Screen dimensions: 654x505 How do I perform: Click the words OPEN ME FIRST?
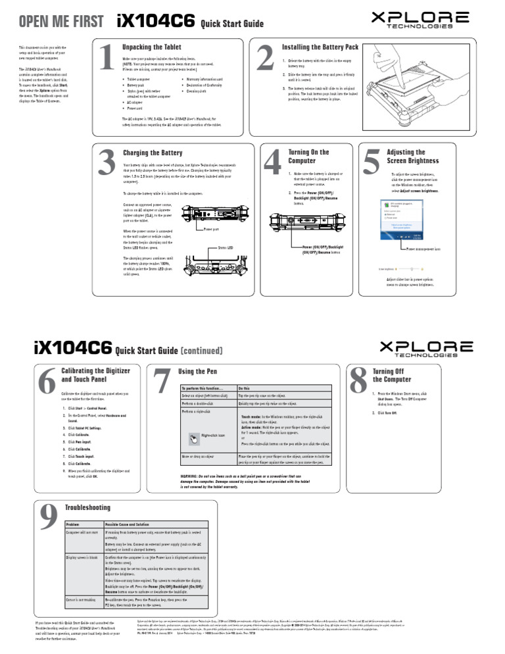[60, 22]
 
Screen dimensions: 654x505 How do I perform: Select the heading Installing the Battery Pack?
[320, 47]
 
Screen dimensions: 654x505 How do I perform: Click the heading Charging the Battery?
[153, 153]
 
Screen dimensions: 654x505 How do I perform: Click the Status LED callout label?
[227, 248]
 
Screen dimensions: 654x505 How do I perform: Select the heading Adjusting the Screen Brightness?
[412, 156]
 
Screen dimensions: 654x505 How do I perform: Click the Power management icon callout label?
[427, 249]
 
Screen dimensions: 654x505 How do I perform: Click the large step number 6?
[46, 382]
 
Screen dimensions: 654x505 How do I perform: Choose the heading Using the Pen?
[197, 372]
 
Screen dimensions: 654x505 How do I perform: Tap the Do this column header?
[244, 389]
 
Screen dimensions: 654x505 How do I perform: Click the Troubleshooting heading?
[88, 507]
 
